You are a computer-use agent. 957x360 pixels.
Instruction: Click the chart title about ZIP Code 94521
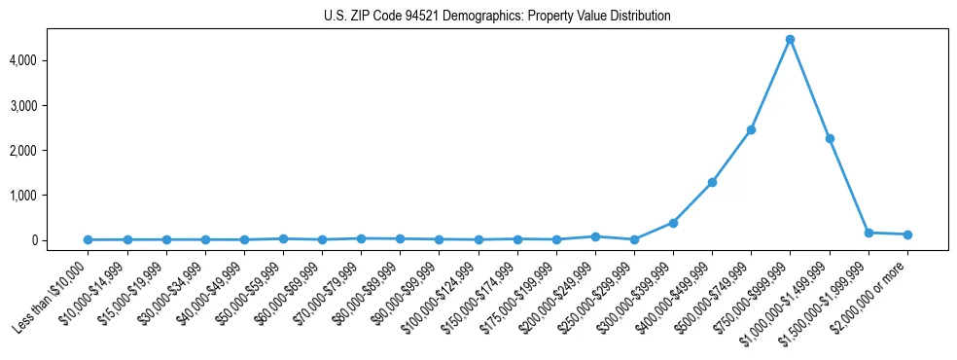pyautogui.click(x=497, y=17)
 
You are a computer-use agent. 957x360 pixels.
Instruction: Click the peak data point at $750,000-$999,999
pyautogui.click(x=790, y=40)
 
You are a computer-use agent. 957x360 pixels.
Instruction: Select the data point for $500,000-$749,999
pyautogui.click(x=751, y=129)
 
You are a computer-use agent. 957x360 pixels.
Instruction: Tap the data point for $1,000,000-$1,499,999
pyautogui.click(x=829, y=138)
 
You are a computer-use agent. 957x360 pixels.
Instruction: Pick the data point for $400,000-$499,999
pyautogui.click(x=712, y=182)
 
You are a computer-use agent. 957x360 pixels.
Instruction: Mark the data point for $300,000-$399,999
pyautogui.click(x=673, y=223)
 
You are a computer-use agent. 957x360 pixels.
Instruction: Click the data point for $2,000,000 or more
pyautogui.click(x=906, y=234)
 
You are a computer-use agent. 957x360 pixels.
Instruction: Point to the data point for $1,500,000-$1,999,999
pyautogui.click(x=868, y=233)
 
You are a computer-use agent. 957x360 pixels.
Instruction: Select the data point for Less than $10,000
pyautogui.click(x=89, y=239)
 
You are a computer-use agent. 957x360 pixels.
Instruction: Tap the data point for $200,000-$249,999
pyautogui.click(x=595, y=236)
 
